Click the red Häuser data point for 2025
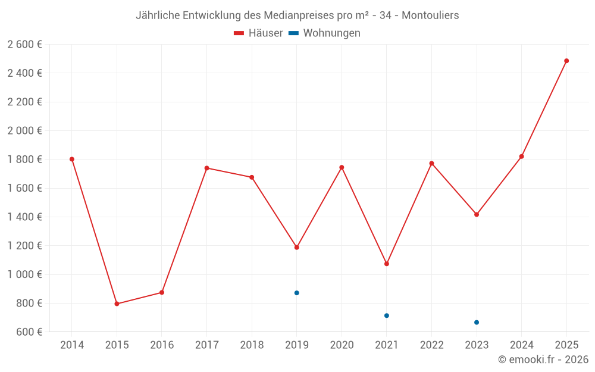tap(566, 61)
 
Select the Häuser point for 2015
tap(117, 304)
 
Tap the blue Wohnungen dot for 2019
tap(296, 293)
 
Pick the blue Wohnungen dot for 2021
tap(387, 315)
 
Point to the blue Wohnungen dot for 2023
tap(477, 323)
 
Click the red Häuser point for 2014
tap(72, 159)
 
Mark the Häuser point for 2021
tap(387, 264)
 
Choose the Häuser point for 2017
tap(206, 168)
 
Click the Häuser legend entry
tap(258, 33)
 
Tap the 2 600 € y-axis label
tap(24, 45)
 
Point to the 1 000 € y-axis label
tap(24, 274)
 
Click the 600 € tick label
tap(29, 332)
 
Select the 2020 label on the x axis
tap(342, 345)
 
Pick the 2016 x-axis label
tap(162, 345)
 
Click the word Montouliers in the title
tap(430, 15)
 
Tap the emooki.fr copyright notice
tap(543, 360)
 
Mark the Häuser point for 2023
tap(477, 214)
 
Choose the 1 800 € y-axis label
tap(24, 160)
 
